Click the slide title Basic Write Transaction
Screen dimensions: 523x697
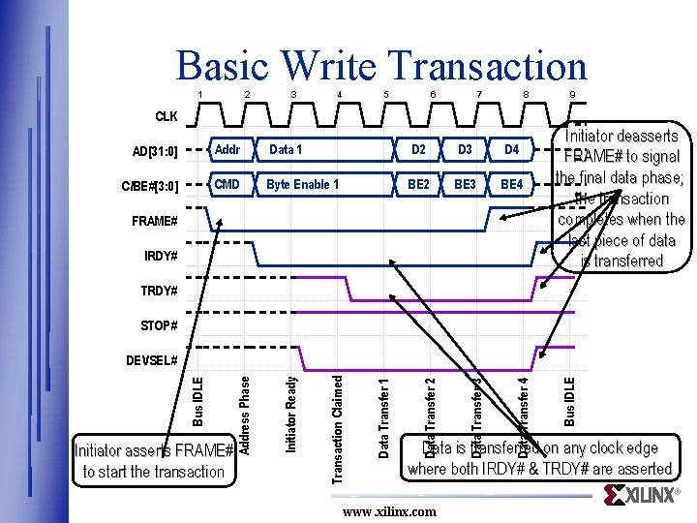[x=381, y=66]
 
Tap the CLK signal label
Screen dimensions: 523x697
[x=166, y=117]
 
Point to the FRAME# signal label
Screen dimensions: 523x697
[x=154, y=222]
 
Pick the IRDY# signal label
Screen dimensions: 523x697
[x=160, y=257]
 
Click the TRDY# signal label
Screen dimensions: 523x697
[x=159, y=291]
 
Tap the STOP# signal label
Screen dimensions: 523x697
[x=159, y=325]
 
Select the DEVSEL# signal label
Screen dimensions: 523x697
[x=152, y=360]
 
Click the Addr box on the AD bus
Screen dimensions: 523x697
[x=227, y=150]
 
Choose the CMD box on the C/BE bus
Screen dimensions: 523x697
[x=227, y=184]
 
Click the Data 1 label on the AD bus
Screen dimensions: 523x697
[x=286, y=150]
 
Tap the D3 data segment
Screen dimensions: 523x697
[x=465, y=150]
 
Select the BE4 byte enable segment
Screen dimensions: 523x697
[x=511, y=184]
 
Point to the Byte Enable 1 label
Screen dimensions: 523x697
[x=302, y=184]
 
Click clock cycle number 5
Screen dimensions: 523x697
[x=386, y=94]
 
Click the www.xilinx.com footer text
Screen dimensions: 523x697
[x=389, y=511]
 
